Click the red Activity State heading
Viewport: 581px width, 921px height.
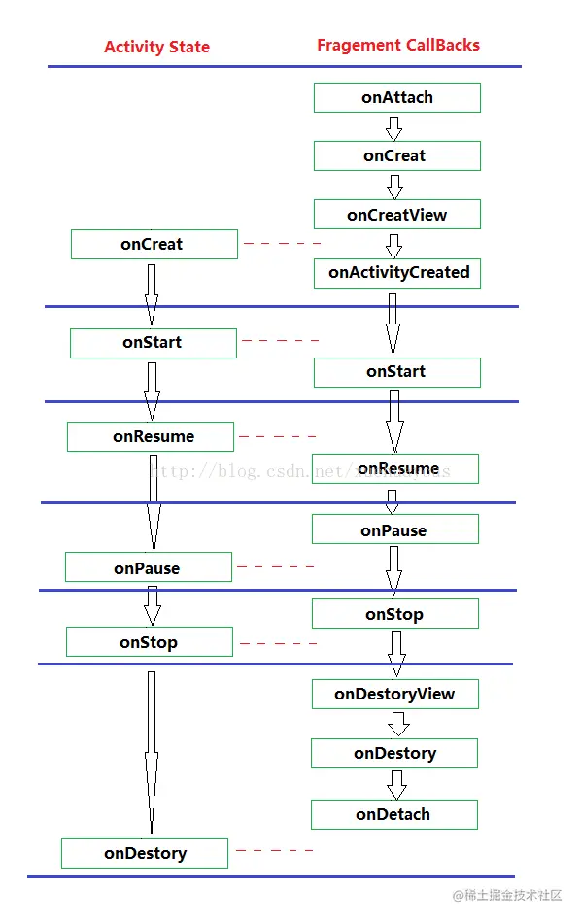[x=156, y=47]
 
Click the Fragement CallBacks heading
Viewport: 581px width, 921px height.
[x=397, y=45]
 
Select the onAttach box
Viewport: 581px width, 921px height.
[x=396, y=97]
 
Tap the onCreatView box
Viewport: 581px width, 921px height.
[x=396, y=214]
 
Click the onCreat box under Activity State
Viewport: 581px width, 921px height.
[x=154, y=245]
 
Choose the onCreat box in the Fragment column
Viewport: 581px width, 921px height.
[x=396, y=155]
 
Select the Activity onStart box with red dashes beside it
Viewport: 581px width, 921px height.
[x=153, y=343]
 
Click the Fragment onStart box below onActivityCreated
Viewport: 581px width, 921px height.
[x=396, y=372]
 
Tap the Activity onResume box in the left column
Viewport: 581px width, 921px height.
[x=151, y=437]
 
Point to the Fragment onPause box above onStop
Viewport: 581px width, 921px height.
[x=394, y=529]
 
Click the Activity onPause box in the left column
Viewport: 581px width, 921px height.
[x=149, y=567]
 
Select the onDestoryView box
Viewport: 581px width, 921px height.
[x=394, y=694]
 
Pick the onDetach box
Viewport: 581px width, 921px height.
[x=393, y=814]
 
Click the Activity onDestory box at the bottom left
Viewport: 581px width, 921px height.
[x=145, y=854]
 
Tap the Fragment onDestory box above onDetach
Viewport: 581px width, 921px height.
[x=394, y=753]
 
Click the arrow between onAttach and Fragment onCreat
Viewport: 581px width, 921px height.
[x=393, y=127]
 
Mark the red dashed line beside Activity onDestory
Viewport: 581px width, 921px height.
[x=275, y=851]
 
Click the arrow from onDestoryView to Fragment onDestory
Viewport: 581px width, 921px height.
[x=396, y=724]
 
